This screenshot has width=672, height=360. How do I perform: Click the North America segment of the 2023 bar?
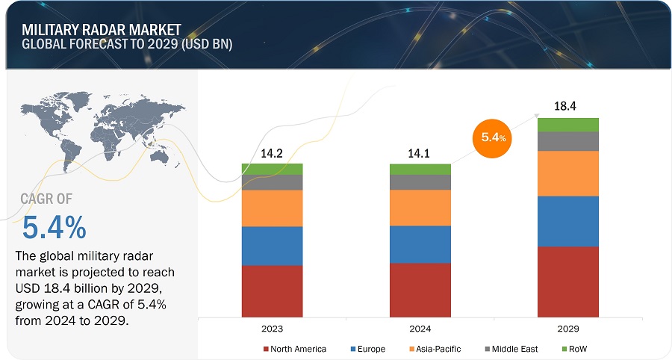(x=272, y=291)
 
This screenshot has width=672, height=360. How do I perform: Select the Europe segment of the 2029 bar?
(x=568, y=221)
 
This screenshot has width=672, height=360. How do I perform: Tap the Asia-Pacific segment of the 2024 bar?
(x=420, y=208)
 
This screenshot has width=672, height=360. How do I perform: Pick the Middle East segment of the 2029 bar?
(x=568, y=141)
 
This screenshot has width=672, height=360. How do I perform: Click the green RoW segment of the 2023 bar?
(x=272, y=169)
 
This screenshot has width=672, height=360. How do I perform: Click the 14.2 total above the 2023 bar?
(x=272, y=153)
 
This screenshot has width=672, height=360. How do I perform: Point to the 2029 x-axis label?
(x=568, y=328)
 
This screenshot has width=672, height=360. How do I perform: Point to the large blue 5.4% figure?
(x=54, y=226)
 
